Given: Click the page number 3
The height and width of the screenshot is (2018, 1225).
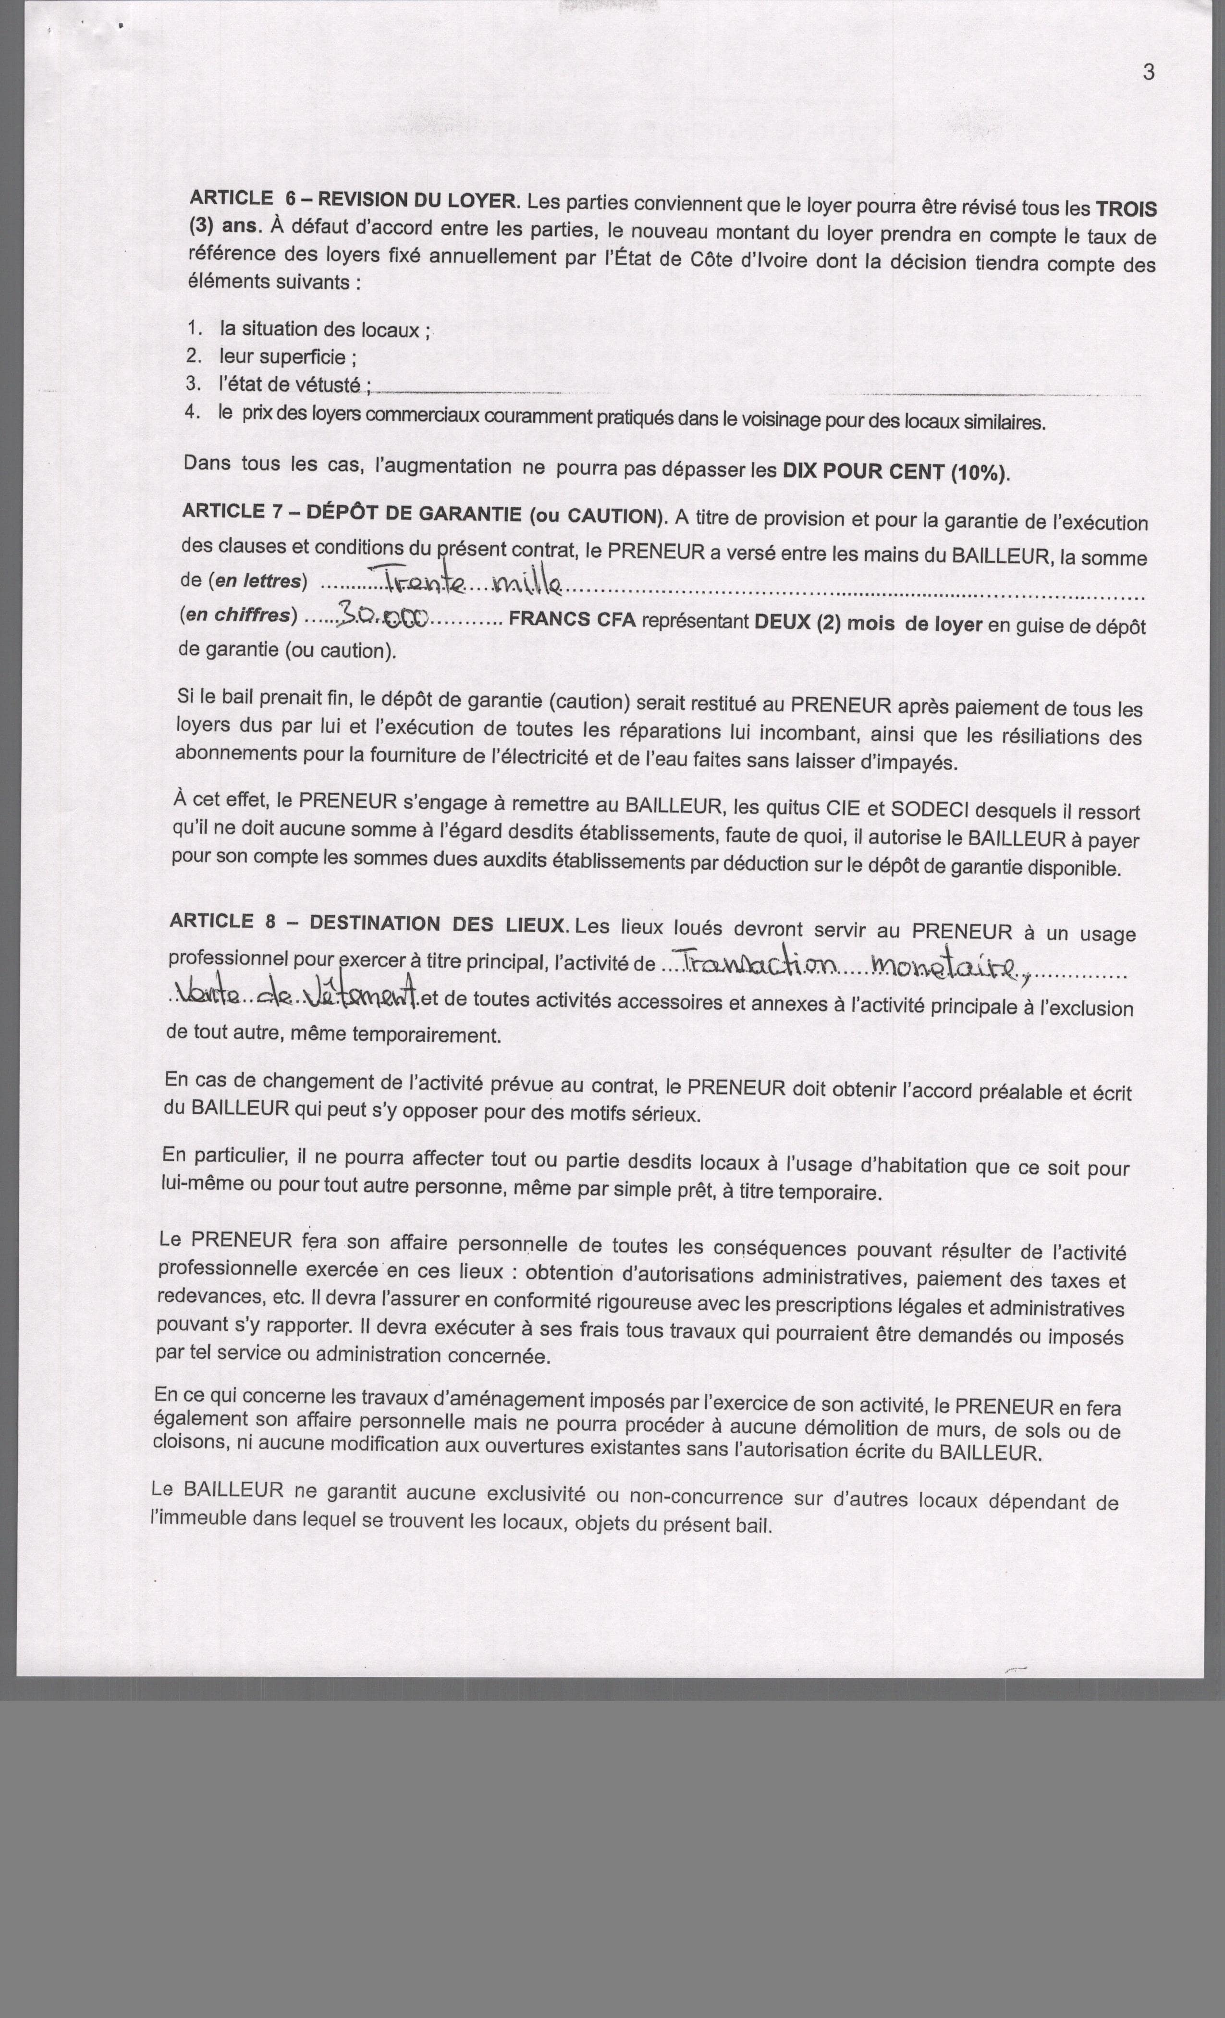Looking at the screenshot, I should point(1148,72).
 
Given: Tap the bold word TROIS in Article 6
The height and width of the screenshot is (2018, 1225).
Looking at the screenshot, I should point(1126,209).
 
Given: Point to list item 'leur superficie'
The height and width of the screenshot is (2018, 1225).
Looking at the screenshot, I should point(287,357).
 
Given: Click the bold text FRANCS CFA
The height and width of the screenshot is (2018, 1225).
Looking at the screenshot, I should point(572,620).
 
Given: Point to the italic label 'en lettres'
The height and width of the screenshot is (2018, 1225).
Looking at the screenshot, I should point(258,581).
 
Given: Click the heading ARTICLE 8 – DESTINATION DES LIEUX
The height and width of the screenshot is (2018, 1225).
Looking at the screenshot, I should point(367,923).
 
